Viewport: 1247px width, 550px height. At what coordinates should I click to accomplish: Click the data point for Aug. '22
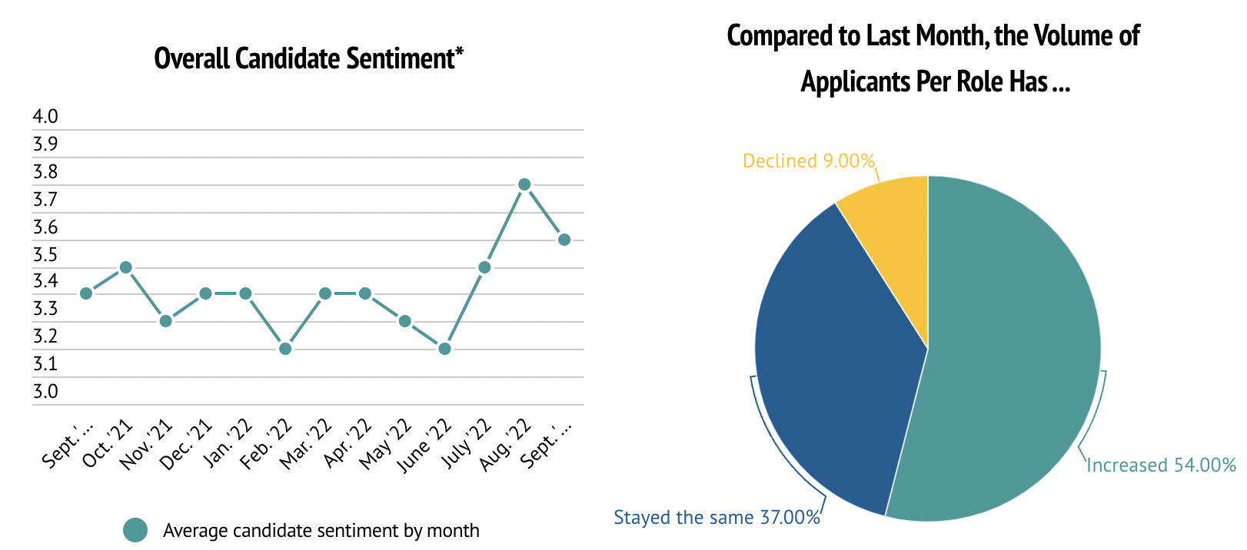pos(524,184)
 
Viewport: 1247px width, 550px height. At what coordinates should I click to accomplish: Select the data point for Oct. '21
pos(126,267)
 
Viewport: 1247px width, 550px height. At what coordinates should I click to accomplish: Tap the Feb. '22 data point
pos(285,349)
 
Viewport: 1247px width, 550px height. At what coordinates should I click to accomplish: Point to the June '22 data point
pos(444,349)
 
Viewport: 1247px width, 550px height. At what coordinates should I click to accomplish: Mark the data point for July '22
pos(484,267)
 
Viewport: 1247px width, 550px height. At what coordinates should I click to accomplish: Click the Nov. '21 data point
pos(165,321)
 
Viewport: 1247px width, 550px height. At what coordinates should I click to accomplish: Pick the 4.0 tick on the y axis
pos(45,116)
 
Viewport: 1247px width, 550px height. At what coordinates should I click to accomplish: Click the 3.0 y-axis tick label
pos(45,392)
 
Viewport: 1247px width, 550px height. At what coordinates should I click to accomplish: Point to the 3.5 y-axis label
pos(45,255)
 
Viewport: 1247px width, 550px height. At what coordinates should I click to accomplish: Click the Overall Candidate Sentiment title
pos(308,58)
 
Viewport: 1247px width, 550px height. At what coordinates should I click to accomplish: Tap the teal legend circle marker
pos(135,530)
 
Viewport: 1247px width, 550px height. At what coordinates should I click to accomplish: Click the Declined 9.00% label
pos(809,161)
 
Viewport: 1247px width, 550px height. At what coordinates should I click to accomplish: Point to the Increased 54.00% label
pos(1161,466)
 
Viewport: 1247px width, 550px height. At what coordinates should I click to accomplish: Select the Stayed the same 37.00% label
pos(717,518)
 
